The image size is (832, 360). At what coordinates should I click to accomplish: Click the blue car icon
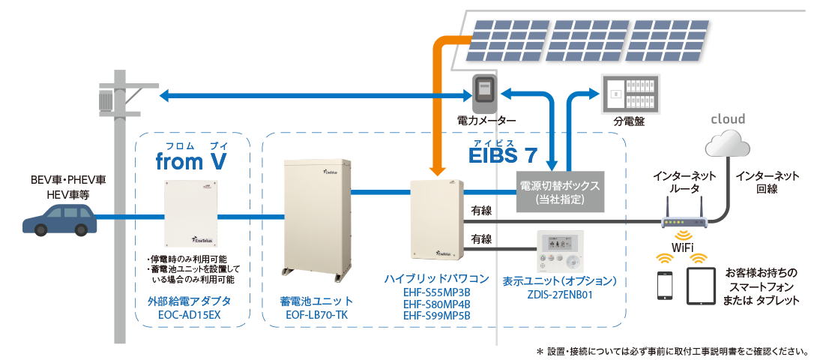[x=59, y=220]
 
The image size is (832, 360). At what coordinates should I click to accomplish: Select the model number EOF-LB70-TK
[x=316, y=315]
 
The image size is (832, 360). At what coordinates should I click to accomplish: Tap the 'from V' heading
[x=191, y=161]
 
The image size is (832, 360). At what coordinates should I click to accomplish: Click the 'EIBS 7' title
[x=502, y=156]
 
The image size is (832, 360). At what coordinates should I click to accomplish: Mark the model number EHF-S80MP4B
[x=437, y=304]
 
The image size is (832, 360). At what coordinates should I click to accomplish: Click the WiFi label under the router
[x=681, y=247]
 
